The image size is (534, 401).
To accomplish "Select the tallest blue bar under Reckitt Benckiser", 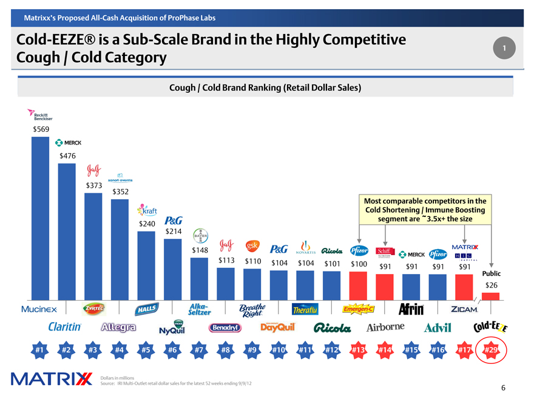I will tap(40, 219).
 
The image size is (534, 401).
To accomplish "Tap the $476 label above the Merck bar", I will tap(67, 156).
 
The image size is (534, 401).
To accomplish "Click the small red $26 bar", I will tap(490, 296).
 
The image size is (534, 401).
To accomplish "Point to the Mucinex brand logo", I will tap(39, 309).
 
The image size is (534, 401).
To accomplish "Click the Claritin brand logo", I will tap(66, 327).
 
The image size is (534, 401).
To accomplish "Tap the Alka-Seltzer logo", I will tap(200, 309).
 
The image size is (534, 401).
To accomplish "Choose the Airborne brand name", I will tap(385, 327).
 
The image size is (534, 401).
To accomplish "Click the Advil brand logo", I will tap(438, 328).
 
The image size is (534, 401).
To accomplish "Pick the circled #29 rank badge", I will tap(491, 351).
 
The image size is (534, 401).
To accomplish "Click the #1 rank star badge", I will tap(39, 351).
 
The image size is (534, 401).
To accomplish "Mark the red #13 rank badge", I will tap(358, 351).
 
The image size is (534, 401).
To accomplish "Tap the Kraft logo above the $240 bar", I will tap(148, 211).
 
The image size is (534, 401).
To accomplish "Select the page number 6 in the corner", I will tap(504, 388).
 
